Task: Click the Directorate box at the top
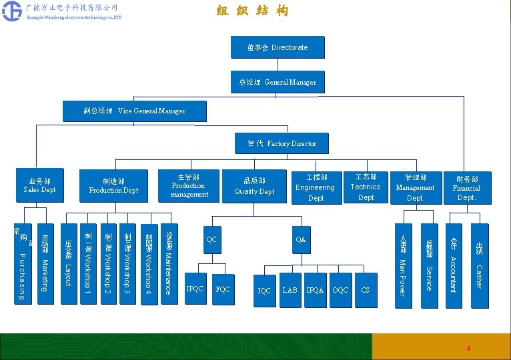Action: (277, 47)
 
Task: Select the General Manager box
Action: (278, 82)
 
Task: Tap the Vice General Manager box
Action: (134, 110)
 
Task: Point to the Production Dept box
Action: (113, 185)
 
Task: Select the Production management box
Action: (189, 185)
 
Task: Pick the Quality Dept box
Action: (254, 186)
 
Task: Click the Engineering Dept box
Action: (316, 187)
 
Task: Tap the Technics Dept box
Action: (366, 187)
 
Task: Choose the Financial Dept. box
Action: (467, 188)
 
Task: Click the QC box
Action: (211, 239)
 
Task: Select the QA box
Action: (300, 239)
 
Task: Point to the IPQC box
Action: (195, 289)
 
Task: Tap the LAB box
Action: (290, 290)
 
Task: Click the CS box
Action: (365, 290)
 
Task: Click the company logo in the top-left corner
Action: (11, 11)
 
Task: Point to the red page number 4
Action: (468, 349)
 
